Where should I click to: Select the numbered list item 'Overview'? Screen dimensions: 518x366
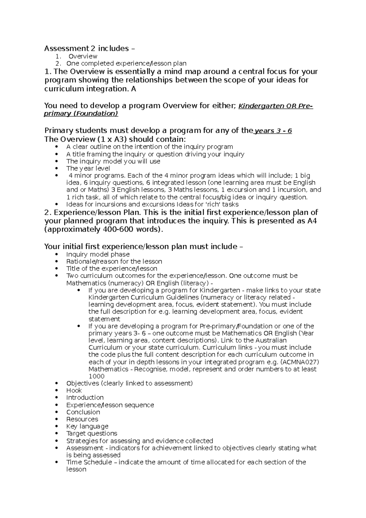coord(83,56)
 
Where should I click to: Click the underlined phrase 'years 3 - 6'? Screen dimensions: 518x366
coord(273,131)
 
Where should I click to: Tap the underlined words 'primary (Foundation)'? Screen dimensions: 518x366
coord(81,114)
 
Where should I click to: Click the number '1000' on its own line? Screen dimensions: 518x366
coord(96,376)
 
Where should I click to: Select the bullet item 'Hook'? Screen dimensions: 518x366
coord(74,390)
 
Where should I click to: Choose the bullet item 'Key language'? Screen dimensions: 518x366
coord(87,426)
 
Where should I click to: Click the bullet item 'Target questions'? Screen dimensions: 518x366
coord(91,433)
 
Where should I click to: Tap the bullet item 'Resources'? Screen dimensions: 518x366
coord(82,419)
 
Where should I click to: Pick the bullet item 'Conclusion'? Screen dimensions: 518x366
coord(83,412)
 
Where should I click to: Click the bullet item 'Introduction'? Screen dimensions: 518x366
coord(85,397)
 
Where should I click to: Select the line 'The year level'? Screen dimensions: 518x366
coord(88,168)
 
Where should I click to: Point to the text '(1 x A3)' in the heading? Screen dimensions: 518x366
coord(111,139)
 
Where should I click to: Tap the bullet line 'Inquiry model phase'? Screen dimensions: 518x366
coord(98,254)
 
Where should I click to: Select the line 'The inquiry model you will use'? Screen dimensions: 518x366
coord(113,161)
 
